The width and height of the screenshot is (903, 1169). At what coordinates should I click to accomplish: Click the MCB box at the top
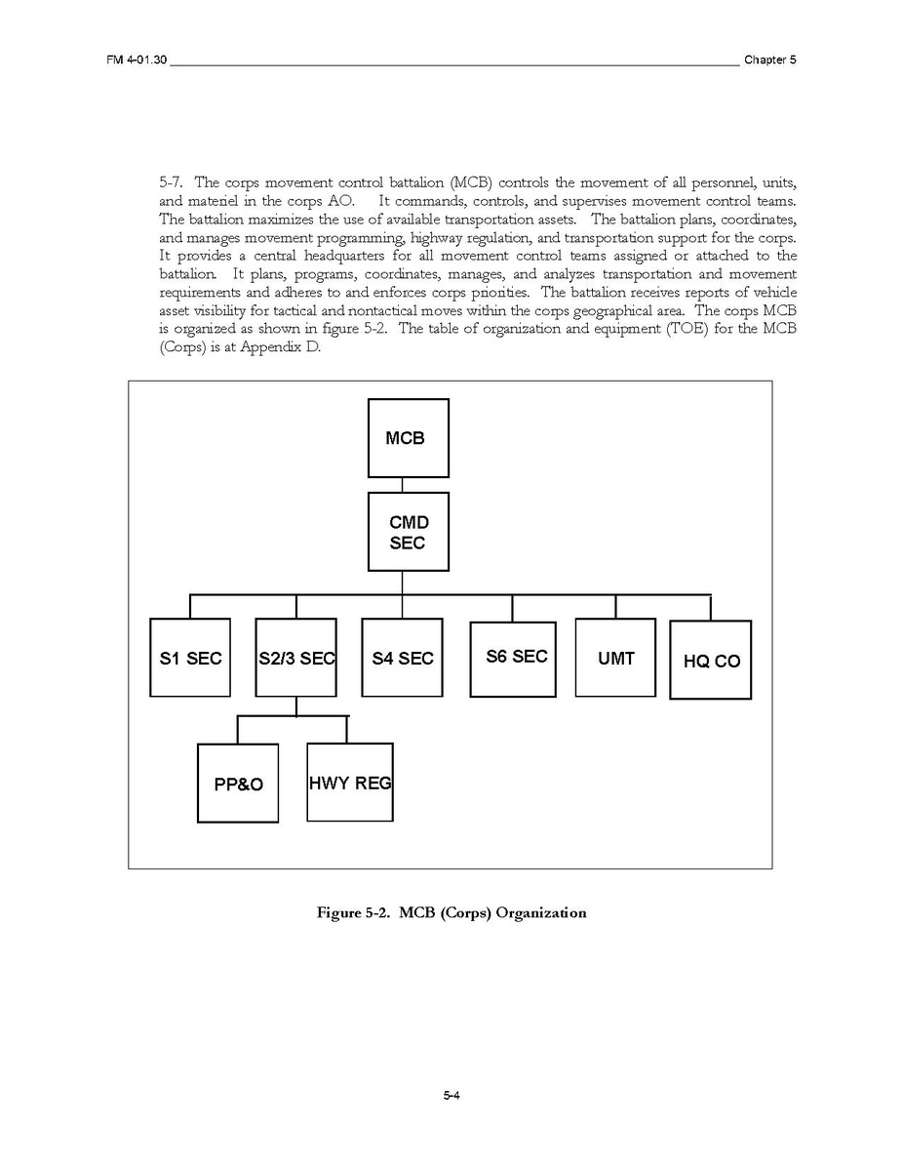pyautogui.click(x=409, y=438)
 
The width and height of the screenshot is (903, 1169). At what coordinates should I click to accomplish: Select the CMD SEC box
pyautogui.click(x=409, y=532)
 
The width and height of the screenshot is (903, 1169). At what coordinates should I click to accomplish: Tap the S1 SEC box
pyautogui.click(x=190, y=658)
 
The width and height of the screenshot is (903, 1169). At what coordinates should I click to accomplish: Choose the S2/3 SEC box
pyautogui.click(x=295, y=658)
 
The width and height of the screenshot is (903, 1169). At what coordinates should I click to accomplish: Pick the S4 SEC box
pyautogui.click(x=402, y=658)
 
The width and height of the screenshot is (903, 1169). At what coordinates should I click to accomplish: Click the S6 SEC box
pyautogui.click(x=512, y=658)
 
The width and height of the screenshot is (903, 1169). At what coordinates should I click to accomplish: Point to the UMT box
pyautogui.click(x=615, y=658)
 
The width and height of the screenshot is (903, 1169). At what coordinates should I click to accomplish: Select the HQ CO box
pyautogui.click(x=711, y=661)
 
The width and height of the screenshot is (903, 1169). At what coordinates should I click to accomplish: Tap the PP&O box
pyautogui.click(x=238, y=784)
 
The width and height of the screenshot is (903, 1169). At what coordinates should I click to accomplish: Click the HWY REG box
pyautogui.click(x=350, y=782)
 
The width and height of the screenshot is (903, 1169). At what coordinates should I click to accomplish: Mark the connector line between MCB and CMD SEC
pyautogui.click(x=402, y=485)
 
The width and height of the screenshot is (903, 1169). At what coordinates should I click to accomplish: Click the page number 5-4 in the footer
pyautogui.click(x=451, y=1096)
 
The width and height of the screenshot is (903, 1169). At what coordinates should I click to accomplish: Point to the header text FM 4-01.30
pyautogui.click(x=137, y=60)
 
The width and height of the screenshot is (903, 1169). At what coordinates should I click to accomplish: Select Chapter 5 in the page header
pyautogui.click(x=769, y=60)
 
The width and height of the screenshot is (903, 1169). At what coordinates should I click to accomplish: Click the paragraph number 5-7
pyautogui.click(x=171, y=182)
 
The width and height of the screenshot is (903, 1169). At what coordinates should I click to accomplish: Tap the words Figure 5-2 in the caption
pyautogui.click(x=354, y=913)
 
